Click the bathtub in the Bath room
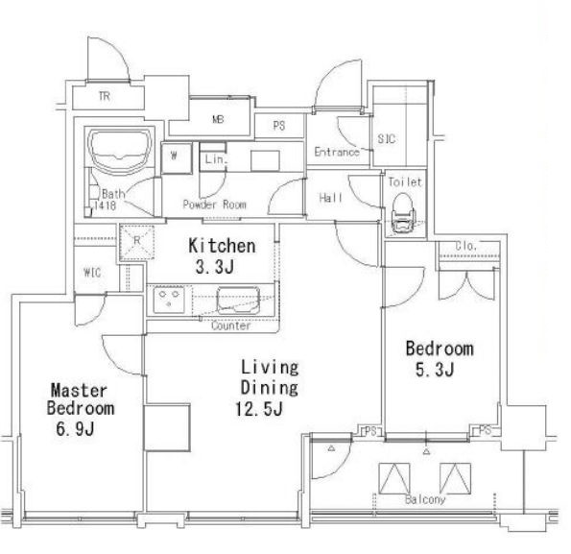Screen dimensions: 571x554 pos(119,150)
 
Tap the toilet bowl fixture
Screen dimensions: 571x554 pos(404,213)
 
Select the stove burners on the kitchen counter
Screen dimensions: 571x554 pos(169,301)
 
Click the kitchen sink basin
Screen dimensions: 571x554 pos(238,301)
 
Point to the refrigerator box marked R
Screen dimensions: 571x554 pos(137,242)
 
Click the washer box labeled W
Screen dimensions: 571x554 pos(177,157)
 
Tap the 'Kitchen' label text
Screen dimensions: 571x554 pos(222,246)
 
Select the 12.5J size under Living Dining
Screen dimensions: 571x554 pos(259,409)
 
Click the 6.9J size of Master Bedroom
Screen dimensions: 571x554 pos(76,429)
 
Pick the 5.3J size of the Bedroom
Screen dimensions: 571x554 pos(435,370)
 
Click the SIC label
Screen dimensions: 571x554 pos(387,139)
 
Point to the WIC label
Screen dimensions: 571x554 pos(92,273)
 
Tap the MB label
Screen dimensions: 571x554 pos(218,119)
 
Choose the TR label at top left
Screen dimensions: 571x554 pos(105,97)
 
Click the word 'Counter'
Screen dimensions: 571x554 pos(231,325)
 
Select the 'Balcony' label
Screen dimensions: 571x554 pos(425,499)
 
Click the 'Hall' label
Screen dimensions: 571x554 pos(331,198)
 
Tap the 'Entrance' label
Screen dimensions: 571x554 pos(337,152)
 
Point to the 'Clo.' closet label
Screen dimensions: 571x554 pos(466,246)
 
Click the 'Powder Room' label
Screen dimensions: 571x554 pos(215,205)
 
